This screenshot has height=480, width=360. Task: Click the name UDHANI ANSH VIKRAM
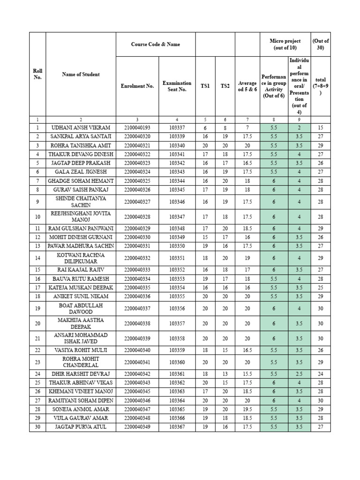tap(81, 127)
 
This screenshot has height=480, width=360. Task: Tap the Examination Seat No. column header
tap(177, 86)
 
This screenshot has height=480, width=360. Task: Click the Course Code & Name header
tap(155, 45)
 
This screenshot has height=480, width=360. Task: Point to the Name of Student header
tap(81, 74)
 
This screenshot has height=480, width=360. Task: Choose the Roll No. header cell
tap(37, 74)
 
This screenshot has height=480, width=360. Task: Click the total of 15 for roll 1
tap(320, 127)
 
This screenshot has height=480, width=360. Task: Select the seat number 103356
tap(177, 308)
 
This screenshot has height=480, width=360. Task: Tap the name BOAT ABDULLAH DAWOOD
tap(81, 308)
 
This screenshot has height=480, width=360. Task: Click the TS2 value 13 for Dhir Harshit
tap(225, 374)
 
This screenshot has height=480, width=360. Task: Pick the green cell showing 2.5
tap(299, 374)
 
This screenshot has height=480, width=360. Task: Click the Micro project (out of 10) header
tap(285, 45)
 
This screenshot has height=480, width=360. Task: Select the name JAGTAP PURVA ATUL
tap(81, 427)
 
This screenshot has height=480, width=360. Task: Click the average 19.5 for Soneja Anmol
tap(247, 409)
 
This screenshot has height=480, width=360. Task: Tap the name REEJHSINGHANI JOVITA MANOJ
tap(81, 217)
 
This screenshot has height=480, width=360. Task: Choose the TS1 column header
tap(205, 86)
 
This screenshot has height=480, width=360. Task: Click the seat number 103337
tap(177, 127)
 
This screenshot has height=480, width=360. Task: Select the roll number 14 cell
tap(37, 258)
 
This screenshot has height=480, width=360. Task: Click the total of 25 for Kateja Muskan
tap(320, 287)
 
